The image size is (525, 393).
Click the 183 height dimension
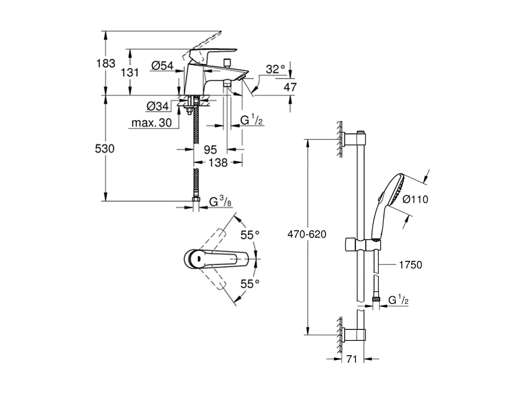(x=106, y=63)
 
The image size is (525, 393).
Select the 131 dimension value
(x=130, y=72)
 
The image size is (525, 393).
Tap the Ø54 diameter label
(x=162, y=66)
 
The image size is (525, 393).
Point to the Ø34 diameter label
(x=158, y=107)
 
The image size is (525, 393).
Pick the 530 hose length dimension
(x=105, y=149)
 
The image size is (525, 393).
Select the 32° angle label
(x=275, y=69)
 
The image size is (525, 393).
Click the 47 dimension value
(x=290, y=87)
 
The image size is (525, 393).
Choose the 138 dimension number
(x=218, y=163)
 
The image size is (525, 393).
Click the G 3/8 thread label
(x=220, y=202)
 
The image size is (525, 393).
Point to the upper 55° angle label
(x=250, y=235)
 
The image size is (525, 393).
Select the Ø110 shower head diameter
(x=415, y=200)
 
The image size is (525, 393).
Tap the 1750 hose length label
(x=410, y=265)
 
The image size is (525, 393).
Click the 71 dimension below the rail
(x=351, y=359)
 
